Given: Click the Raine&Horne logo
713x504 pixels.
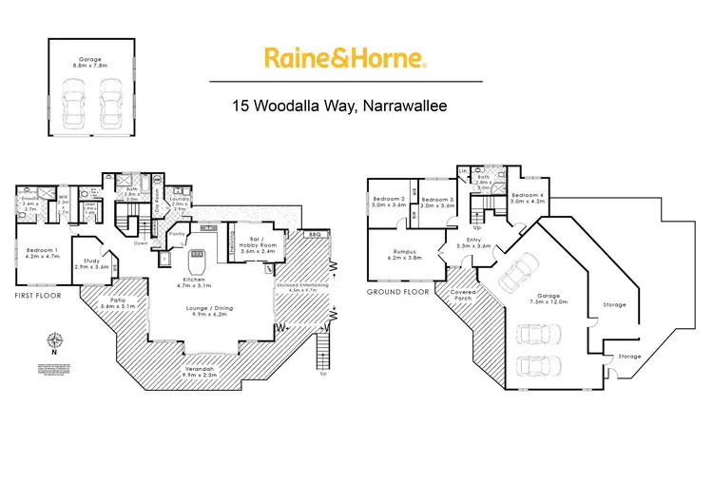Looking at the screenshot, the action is [x=344, y=59].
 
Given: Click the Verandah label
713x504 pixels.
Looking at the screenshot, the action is [x=200, y=372].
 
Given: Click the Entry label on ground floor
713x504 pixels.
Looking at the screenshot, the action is [x=473, y=242].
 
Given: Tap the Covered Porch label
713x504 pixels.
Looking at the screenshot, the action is [x=464, y=296].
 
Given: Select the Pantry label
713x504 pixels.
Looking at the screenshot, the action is [x=176, y=234].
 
